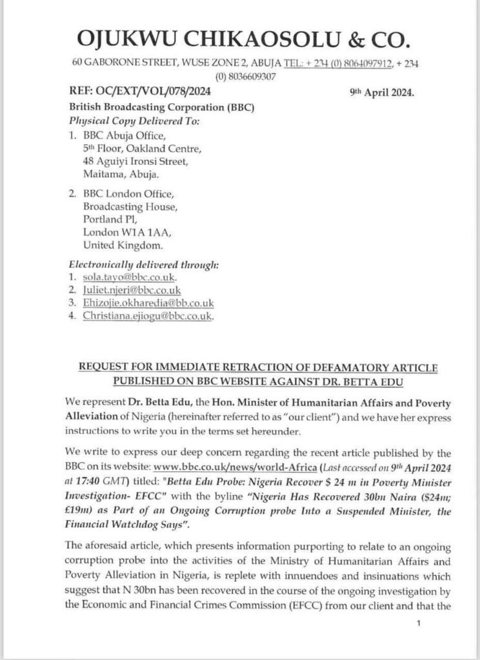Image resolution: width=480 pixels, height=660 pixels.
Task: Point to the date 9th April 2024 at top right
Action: [x=381, y=92]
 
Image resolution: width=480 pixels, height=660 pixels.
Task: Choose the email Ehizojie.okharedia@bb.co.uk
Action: [x=148, y=303]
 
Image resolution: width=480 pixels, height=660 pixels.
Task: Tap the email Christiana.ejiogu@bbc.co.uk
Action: [x=148, y=316]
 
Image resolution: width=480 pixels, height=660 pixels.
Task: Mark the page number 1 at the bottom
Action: [x=419, y=623]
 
